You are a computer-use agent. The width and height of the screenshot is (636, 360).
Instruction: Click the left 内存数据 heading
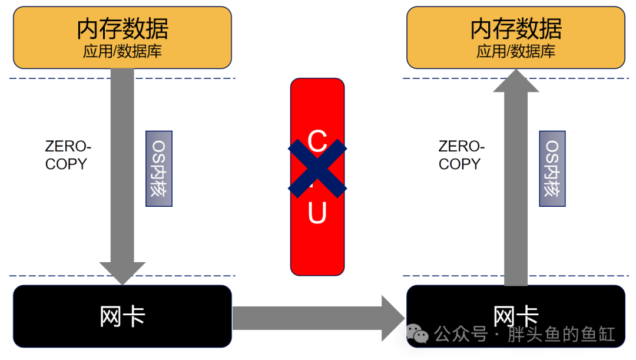point(122,28)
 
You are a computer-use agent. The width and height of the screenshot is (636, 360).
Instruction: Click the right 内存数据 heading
point(516,28)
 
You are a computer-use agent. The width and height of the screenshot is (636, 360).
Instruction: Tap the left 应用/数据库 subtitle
point(122,51)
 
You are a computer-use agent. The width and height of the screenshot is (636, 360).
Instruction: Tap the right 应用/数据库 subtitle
point(516,51)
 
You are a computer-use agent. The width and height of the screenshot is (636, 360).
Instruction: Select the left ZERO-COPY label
point(68,155)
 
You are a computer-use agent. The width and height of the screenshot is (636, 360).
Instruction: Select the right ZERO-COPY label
point(462,155)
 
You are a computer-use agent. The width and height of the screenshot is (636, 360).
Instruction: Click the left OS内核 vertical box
point(159,169)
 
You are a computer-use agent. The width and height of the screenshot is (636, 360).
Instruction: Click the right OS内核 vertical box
point(552,169)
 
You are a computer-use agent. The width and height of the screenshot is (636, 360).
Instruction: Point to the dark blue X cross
point(317,169)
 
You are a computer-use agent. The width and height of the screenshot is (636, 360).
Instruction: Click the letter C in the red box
point(317,141)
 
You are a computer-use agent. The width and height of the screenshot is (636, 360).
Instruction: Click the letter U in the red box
point(317,213)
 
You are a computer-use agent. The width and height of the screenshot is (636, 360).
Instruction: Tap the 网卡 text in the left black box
point(122,316)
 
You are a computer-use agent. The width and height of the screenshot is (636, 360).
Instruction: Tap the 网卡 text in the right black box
point(516,316)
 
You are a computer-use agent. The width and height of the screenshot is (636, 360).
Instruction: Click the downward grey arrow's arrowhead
point(122,273)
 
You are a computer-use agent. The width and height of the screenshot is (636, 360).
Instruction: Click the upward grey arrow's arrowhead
point(516,81)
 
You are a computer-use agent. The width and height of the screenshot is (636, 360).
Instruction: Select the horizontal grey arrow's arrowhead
point(393,318)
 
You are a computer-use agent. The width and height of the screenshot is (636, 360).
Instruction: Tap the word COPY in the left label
point(66,164)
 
